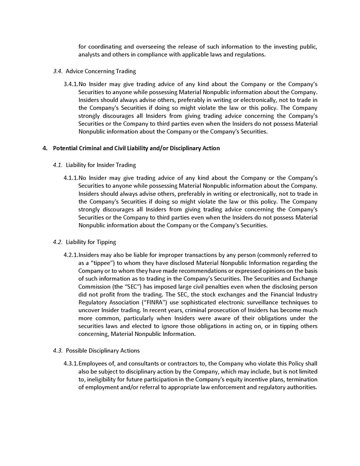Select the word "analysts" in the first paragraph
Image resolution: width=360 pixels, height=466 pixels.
point(89,54)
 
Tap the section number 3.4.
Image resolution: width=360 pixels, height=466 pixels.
point(58,71)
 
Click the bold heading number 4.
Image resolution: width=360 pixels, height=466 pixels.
point(45,148)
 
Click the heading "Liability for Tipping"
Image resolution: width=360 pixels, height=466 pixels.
point(91,242)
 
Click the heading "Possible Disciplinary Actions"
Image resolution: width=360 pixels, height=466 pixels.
point(102,350)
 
